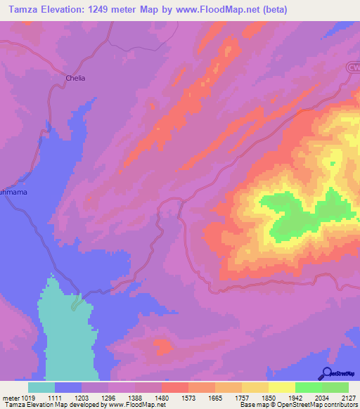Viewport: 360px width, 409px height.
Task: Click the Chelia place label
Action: (75, 78)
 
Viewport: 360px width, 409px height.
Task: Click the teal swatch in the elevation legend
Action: (41, 387)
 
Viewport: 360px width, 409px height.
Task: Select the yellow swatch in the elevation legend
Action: (282, 387)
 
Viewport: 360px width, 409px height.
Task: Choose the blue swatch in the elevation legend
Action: (68, 387)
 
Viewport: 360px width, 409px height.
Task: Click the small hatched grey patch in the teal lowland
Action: (75, 304)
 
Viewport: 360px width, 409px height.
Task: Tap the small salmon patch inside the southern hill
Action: (163, 346)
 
